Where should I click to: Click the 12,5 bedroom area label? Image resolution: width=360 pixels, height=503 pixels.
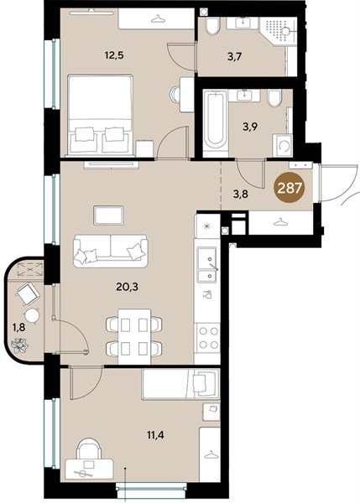coord(114,55)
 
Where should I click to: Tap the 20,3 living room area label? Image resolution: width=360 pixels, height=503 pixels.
coord(128,287)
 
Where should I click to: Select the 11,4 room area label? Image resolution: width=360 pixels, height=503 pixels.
coord(155,435)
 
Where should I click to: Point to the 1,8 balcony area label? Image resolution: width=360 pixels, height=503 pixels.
coord(18,328)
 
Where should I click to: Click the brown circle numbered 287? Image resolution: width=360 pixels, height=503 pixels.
coord(290,188)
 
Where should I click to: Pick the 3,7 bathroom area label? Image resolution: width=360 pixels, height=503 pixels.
coord(234,57)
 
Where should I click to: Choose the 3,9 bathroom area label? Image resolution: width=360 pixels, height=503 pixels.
coord(250,127)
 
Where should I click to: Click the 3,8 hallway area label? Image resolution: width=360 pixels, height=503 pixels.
coord(240,194)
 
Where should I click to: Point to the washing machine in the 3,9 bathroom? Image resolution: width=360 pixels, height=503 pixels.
coord(283,146)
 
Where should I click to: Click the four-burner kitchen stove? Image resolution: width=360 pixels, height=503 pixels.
coord(208,337)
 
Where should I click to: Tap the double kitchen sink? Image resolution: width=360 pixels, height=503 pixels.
coord(207,264)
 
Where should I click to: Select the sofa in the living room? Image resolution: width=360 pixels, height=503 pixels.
coord(111,251)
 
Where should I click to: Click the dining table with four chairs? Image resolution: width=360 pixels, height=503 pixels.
coord(134,336)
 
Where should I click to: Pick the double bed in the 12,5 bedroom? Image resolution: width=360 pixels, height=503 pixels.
coord(101,116)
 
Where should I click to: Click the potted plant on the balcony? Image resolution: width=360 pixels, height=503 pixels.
coord(20,345)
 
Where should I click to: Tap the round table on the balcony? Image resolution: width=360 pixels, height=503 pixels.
coord(32,316)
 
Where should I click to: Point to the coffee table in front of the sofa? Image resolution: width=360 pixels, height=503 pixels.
coord(108,215)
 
